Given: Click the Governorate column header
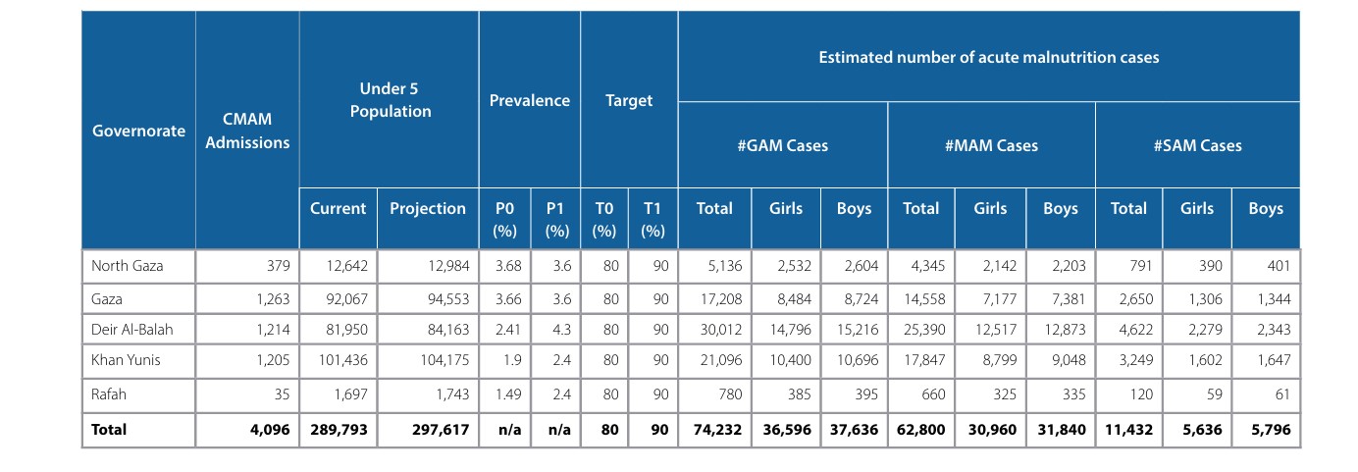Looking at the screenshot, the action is (x=138, y=131).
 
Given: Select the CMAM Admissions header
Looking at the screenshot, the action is (x=247, y=131).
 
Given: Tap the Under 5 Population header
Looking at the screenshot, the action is (x=390, y=99).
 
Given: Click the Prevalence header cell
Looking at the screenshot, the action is (x=529, y=100).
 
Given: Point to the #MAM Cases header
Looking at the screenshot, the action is (x=991, y=145).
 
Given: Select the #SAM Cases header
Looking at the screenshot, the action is (x=1197, y=145).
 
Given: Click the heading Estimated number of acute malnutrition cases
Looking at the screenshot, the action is (x=989, y=57).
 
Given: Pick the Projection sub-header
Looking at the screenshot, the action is (x=428, y=208).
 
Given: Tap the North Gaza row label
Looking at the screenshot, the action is (x=128, y=266).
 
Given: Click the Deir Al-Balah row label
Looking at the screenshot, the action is (x=132, y=330).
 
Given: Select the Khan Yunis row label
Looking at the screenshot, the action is (x=126, y=360).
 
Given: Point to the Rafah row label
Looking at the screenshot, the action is (x=109, y=394).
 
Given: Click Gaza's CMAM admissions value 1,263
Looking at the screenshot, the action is (x=273, y=299).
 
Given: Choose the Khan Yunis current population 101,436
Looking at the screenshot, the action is (x=343, y=360).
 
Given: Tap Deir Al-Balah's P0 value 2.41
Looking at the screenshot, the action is (x=508, y=330).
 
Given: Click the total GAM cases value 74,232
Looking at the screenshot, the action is (x=717, y=430).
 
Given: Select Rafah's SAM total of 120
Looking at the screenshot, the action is (x=1141, y=394).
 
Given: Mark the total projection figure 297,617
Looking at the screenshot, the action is (x=441, y=430).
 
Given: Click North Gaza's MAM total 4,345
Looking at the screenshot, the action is (x=928, y=266).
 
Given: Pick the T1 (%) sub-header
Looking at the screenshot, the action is (x=653, y=219).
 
